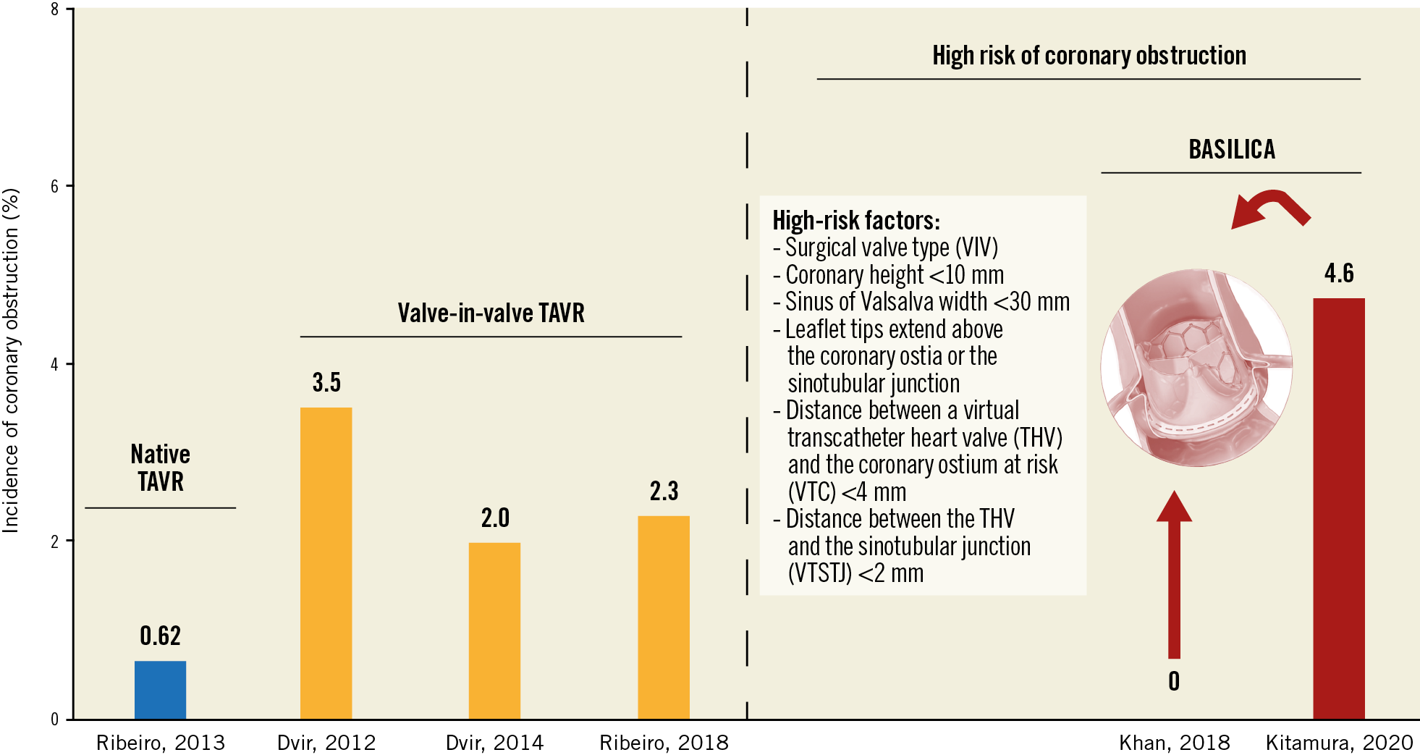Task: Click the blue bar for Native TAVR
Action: pyautogui.click(x=160, y=689)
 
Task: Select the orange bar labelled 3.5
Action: pyautogui.click(x=326, y=562)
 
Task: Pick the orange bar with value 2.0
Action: pyautogui.click(x=494, y=630)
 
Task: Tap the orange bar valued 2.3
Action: pyautogui.click(x=663, y=617)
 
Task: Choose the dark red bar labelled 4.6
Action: pyautogui.click(x=1338, y=507)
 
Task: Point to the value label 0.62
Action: pyautogui.click(x=160, y=636)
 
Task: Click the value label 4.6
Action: pyautogui.click(x=1338, y=273)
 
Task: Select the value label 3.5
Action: pyautogui.click(x=326, y=382)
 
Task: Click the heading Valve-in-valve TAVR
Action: pyautogui.click(x=491, y=313)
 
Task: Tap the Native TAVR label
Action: pyautogui.click(x=160, y=468)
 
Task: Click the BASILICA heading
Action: pyautogui.click(x=1231, y=149)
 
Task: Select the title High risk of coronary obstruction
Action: pyautogui.click(x=1089, y=55)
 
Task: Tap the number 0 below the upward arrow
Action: pyautogui.click(x=1174, y=681)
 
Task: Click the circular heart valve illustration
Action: pyautogui.click(x=1196, y=368)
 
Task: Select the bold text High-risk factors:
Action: pyautogui.click(x=855, y=220)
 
